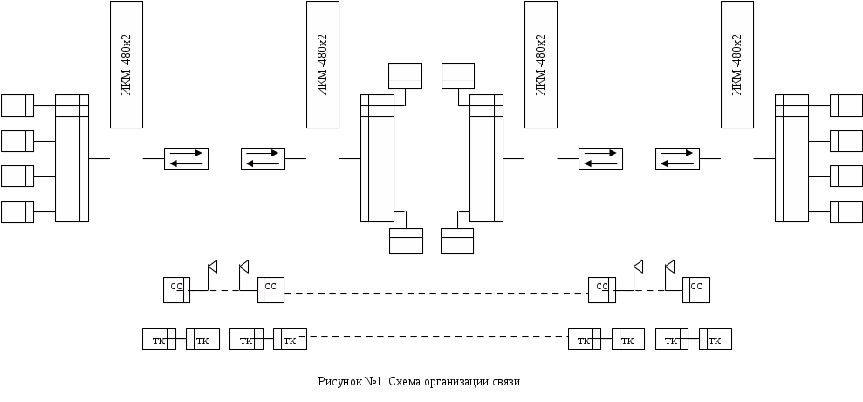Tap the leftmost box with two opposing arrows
point(188,159)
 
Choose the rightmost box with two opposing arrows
point(678,159)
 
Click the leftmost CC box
point(176,289)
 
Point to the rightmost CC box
point(696,289)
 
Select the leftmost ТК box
point(159,339)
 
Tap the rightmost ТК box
point(715,339)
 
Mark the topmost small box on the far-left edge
point(17,105)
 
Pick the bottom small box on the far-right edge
point(846,211)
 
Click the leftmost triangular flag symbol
point(212,266)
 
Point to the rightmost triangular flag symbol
point(670,266)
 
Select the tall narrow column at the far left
point(72,157)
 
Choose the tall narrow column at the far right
point(791,157)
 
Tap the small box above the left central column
point(405,76)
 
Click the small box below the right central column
point(456,240)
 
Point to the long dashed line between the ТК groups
point(436,337)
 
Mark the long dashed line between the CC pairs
point(436,293)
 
